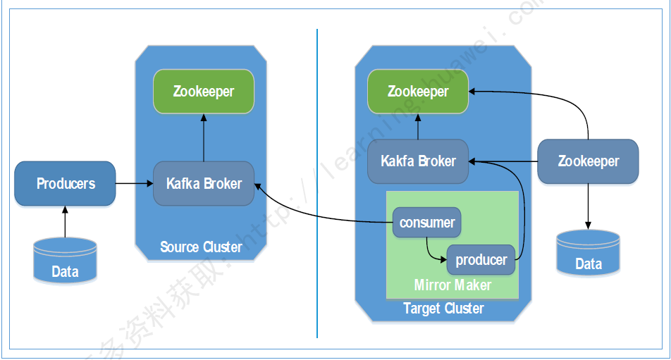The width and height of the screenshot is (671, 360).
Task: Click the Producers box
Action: (x=65, y=184)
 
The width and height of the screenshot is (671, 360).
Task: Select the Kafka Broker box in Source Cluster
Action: (x=204, y=184)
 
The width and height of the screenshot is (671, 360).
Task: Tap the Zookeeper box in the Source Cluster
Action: (x=204, y=92)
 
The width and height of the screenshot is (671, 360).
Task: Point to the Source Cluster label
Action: (x=201, y=247)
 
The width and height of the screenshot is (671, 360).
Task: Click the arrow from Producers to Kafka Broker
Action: (x=134, y=184)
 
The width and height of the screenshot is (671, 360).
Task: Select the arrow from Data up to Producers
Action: (x=65, y=221)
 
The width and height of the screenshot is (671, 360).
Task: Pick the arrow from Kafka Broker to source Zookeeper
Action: (x=204, y=137)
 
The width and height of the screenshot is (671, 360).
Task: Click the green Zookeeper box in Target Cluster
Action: (x=418, y=92)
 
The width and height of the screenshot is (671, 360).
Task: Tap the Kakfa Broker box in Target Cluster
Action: (x=418, y=161)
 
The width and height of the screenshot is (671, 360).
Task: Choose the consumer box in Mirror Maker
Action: (x=426, y=223)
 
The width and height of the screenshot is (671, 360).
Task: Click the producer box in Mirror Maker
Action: (x=481, y=260)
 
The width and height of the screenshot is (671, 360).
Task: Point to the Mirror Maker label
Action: (x=453, y=285)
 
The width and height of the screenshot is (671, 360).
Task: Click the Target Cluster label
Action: (x=443, y=309)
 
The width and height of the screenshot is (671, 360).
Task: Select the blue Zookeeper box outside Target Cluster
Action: (x=588, y=161)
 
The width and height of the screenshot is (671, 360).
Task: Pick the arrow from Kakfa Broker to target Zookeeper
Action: (x=418, y=127)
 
